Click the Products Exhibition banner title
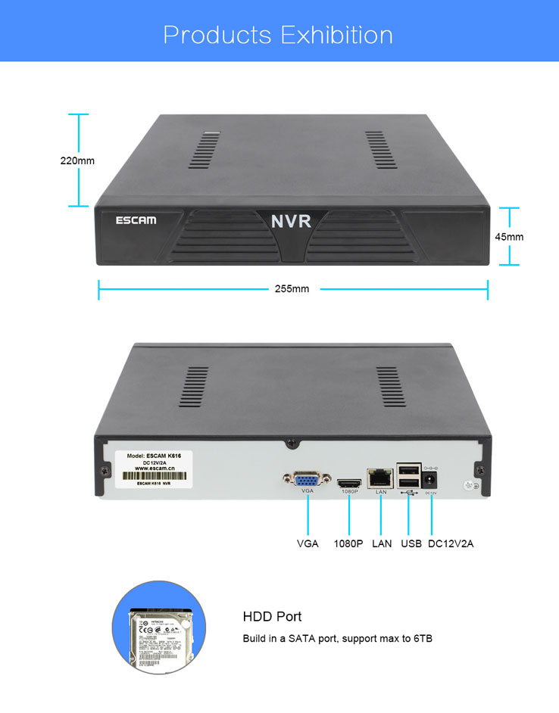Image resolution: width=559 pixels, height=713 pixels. tap(278, 35)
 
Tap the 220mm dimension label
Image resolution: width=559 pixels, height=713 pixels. tap(77, 160)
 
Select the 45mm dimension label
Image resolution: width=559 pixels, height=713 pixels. tap(509, 237)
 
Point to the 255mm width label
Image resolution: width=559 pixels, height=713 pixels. tap(292, 288)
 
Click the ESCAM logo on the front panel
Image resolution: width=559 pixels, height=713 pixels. tap(136, 220)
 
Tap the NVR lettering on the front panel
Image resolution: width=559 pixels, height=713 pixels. tap(291, 222)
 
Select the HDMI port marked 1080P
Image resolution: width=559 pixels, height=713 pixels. tap(349, 482)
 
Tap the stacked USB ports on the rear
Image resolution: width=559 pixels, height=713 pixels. tap(408, 475)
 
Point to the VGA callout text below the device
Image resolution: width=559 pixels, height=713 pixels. tap(308, 543)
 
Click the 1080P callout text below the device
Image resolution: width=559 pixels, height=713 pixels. tap(348, 543)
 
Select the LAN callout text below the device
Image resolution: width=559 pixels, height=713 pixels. tap(382, 543)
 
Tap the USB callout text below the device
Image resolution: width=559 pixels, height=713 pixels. tap(411, 543)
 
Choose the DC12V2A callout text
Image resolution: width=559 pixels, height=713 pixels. tap(451, 543)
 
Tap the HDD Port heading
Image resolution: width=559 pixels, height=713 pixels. tap(272, 617)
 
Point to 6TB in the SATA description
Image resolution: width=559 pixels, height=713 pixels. tap(422, 639)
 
